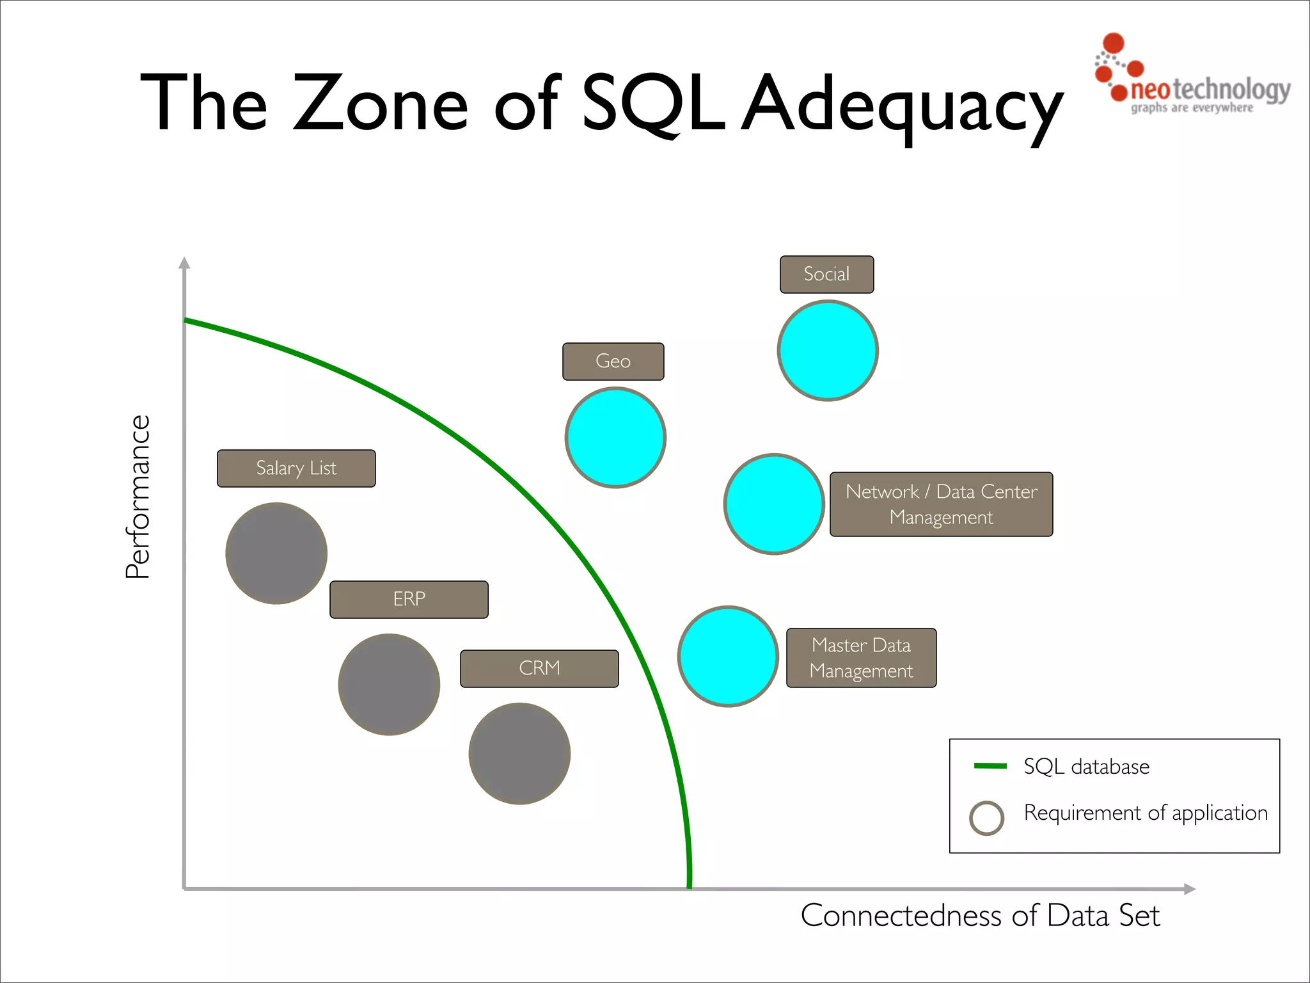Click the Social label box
826,275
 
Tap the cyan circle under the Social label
828,351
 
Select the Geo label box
613,362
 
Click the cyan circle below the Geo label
615,438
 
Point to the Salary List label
296,468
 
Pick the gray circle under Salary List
276,554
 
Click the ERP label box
409,600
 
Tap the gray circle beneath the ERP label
389,685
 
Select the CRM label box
539,669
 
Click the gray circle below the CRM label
519,754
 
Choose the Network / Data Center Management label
941,504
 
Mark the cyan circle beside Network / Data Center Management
774,504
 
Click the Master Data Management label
861,658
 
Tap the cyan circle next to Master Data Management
728,657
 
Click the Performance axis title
138,497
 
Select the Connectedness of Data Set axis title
980,916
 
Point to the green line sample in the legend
990,766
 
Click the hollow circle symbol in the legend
986,818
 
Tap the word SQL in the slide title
652,102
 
